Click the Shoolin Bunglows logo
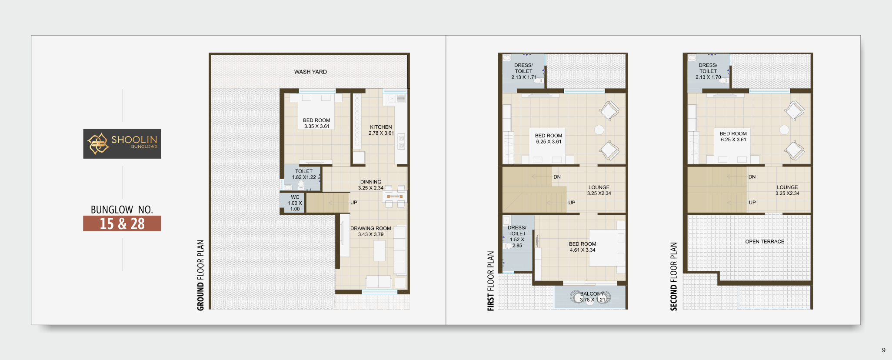click(122, 143)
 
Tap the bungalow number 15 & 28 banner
click(122, 223)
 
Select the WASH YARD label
click(310, 72)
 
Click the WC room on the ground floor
click(293, 203)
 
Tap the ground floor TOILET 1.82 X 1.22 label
click(304, 174)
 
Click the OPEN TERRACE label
click(765, 241)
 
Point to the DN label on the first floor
click(557, 177)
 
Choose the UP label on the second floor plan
click(752, 203)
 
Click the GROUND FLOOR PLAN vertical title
click(200, 275)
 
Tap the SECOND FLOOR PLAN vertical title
click(673, 277)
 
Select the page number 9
click(884, 350)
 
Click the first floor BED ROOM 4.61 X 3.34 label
click(582, 247)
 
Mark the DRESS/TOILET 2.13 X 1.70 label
click(708, 71)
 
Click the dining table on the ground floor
click(395, 197)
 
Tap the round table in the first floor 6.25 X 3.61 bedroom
click(599, 130)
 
